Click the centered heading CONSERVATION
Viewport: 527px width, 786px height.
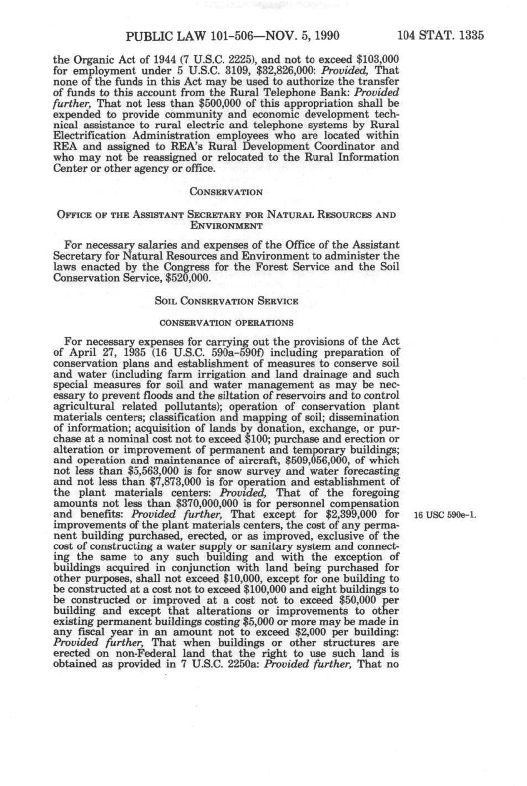coord(226,192)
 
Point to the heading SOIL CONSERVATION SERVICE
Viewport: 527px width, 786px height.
coord(226,301)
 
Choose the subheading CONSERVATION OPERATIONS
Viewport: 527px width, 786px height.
coord(226,323)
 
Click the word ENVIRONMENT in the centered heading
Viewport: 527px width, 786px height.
coord(226,225)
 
